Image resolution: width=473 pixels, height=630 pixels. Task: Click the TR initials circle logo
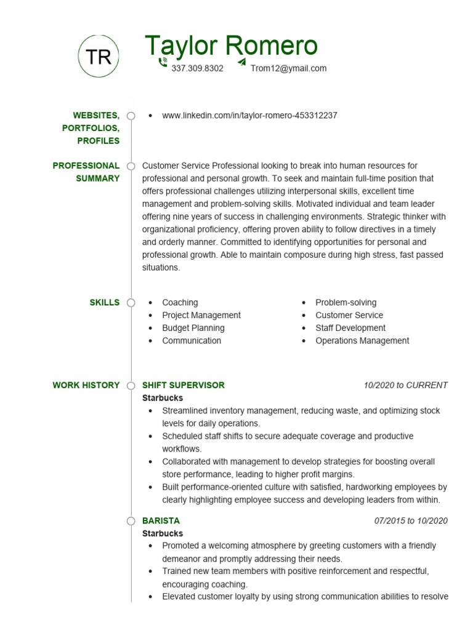(99, 57)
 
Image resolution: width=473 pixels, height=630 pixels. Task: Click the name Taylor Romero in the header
(231, 46)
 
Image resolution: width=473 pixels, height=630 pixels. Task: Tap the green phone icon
(163, 62)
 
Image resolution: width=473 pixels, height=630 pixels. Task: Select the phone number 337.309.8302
(197, 68)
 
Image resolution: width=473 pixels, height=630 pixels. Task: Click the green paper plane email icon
(241, 62)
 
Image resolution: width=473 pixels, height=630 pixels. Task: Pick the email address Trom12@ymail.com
(288, 68)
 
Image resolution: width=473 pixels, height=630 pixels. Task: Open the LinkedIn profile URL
(249, 116)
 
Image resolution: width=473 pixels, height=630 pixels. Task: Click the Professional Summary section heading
(86, 172)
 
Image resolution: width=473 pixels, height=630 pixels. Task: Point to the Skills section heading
(105, 303)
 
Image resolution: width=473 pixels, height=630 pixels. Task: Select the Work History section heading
(86, 385)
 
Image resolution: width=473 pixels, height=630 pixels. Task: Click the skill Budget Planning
(193, 328)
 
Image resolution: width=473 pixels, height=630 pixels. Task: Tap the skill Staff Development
(350, 328)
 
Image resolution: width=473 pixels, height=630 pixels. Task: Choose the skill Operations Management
(362, 341)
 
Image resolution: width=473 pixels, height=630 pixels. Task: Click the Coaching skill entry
(180, 303)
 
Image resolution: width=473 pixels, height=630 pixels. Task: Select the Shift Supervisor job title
(184, 385)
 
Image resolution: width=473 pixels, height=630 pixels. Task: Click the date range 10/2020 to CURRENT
(405, 385)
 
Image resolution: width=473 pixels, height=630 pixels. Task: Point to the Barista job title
(161, 520)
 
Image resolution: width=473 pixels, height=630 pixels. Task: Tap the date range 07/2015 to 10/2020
(411, 520)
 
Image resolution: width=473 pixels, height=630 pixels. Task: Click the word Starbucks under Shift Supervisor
(163, 398)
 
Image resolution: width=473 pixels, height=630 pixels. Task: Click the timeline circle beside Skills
(131, 303)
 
